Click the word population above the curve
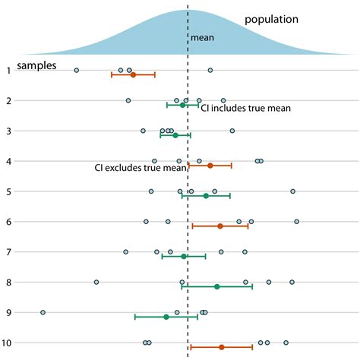click(271, 19)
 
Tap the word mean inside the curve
click(202, 36)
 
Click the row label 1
click(8, 71)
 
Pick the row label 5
click(8, 191)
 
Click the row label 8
click(8, 283)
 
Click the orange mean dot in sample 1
click(133, 74)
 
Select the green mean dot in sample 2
click(182, 105)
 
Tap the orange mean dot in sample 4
click(210, 165)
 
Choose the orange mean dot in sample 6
click(220, 226)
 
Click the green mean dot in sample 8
click(217, 286)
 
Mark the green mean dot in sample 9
click(166, 317)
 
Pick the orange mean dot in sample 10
click(222, 347)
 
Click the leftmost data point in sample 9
click(43, 312)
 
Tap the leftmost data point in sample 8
click(96, 282)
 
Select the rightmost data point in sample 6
click(296, 222)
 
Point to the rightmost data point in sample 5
click(292, 191)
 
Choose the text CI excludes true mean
click(140, 168)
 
